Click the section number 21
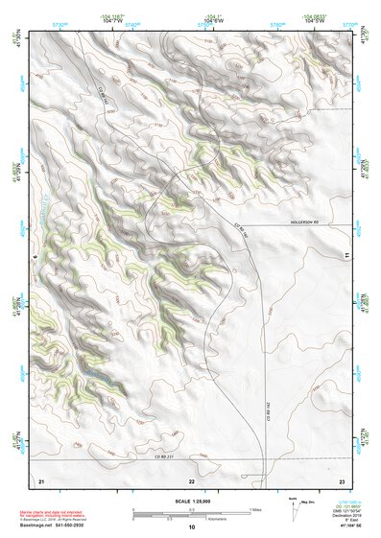tap(41, 479)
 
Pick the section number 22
tap(192, 479)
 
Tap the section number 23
tap(343, 479)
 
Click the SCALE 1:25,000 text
tap(192, 501)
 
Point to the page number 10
tap(192, 526)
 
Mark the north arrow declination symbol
tap(294, 506)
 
